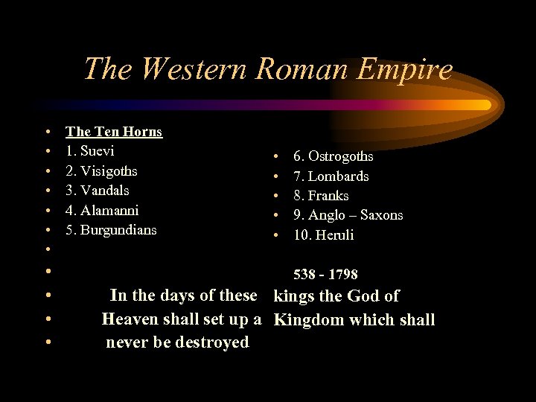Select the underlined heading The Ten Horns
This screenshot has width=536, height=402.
click(x=114, y=132)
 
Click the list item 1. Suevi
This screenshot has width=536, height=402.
click(x=90, y=151)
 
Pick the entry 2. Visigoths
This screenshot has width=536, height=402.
click(x=101, y=170)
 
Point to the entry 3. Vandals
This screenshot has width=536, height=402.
click(x=98, y=191)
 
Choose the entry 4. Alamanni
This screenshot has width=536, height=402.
click(x=102, y=210)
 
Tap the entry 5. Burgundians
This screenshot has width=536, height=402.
click(x=111, y=230)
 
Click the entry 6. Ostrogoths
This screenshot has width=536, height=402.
click(x=333, y=156)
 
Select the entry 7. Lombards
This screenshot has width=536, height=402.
click(x=331, y=176)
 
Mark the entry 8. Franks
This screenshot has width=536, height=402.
click(x=321, y=196)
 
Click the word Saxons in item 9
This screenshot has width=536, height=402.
click(x=381, y=215)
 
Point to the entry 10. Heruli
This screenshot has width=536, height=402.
click(x=323, y=235)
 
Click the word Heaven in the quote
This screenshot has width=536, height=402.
click(x=130, y=319)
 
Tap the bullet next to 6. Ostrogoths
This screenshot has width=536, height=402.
click(x=275, y=157)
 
